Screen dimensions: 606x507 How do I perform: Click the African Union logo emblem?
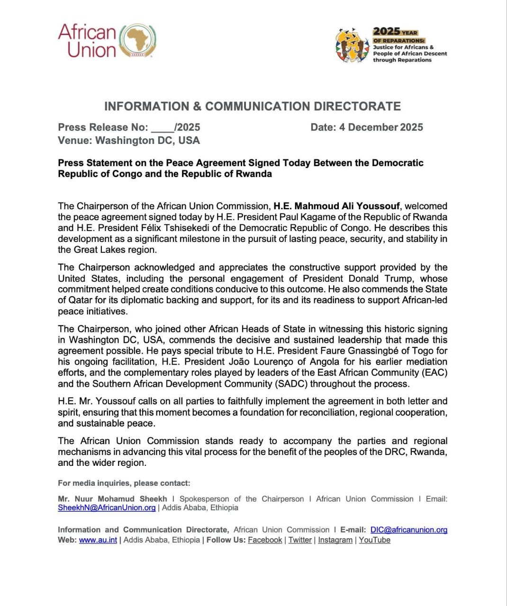138,41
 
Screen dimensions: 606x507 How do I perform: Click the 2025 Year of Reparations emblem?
352,45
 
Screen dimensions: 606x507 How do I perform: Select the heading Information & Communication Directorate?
253,106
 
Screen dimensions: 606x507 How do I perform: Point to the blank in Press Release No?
162,128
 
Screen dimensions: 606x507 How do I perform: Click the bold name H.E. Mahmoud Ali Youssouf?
336,206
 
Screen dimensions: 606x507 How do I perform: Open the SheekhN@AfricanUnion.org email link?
107,508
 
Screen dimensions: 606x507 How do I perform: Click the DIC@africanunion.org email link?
408,530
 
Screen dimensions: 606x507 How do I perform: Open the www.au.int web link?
98,540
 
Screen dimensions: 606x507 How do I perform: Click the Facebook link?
265,540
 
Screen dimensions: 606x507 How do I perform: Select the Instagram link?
335,540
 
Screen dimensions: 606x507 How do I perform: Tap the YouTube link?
374,540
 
